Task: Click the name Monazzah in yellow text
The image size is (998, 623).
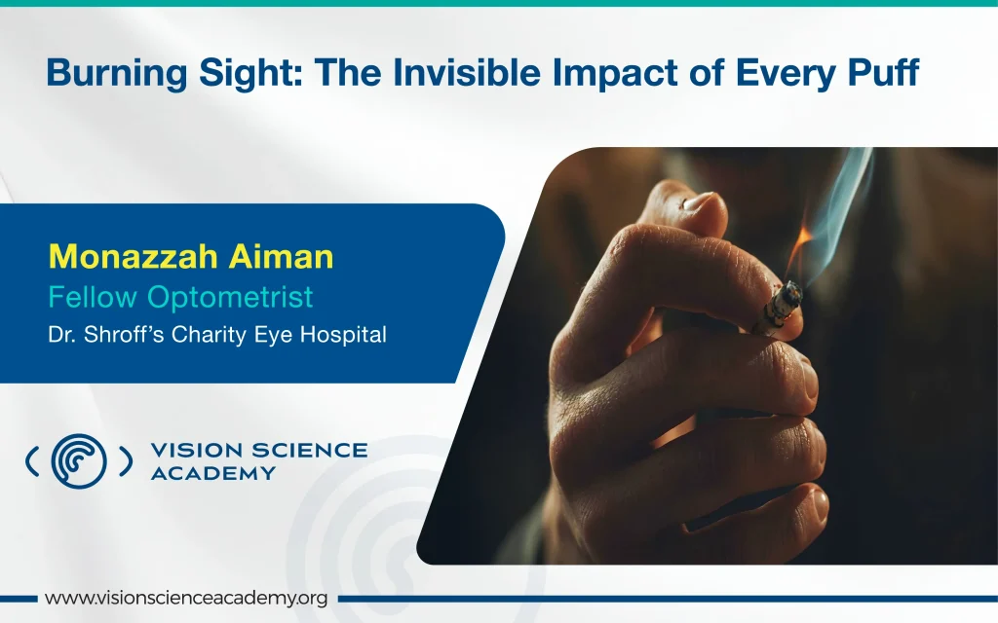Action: (133, 256)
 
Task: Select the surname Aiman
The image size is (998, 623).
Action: (282, 256)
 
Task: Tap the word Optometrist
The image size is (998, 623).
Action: (230, 297)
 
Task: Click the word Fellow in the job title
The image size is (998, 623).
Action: (93, 297)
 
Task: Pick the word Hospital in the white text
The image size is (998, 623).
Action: (343, 335)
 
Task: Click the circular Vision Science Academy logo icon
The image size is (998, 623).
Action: (79, 460)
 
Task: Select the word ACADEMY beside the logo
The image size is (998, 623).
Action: (213, 474)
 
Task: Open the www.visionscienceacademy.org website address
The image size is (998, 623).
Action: (186, 599)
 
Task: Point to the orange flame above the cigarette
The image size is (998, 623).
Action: (799, 250)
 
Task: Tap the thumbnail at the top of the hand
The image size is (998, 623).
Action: (701, 202)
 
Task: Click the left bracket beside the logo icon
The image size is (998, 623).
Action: (32, 460)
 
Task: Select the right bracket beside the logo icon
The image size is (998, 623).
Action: (126, 460)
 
